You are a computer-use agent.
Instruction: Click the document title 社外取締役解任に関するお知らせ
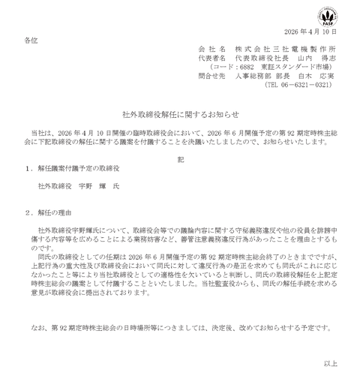pyautogui.click(x=179, y=109)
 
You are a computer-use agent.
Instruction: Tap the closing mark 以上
pyautogui.click(x=331, y=363)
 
